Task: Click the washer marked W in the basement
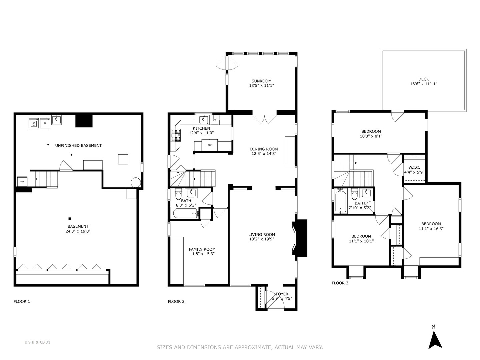[34, 123]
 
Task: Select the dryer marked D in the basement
[45, 123]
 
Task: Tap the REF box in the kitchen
[210, 145]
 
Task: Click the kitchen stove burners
[176, 135]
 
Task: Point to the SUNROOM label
[261, 81]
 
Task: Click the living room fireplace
[300, 238]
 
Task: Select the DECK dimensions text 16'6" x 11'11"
[423, 84]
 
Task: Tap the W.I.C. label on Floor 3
[414, 167]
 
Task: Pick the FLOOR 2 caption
[176, 302]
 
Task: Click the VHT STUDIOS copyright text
[37, 342]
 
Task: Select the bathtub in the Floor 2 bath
[185, 214]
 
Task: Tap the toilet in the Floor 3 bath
[354, 195]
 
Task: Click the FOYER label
[282, 294]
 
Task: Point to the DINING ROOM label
[264, 149]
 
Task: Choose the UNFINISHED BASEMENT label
[78, 145]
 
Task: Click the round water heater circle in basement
[136, 182]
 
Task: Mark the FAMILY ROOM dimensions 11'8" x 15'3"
[202, 254]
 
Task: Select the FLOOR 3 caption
[340, 283]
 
